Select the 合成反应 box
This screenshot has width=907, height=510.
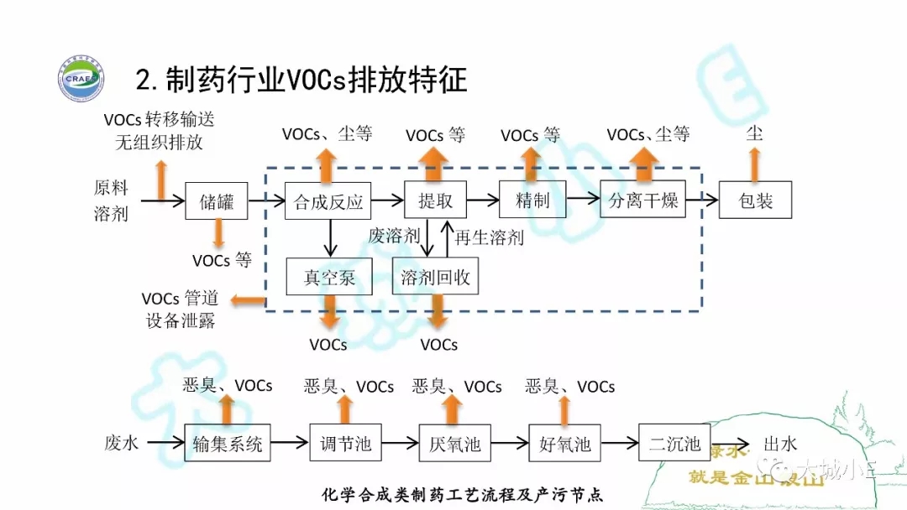(x=328, y=201)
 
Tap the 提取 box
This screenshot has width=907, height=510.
(x=435, y=200)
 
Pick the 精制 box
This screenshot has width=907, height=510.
(x=531, y=200)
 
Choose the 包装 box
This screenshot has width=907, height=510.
(x=755, y=200)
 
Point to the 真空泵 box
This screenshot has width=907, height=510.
(x=329, y=276)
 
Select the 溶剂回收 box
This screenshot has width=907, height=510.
(x=435, y=276)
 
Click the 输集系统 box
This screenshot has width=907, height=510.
(x=227, y=443)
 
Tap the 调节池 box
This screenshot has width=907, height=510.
(x=345, y=443)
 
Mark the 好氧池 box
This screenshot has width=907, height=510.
(x=565, y=443)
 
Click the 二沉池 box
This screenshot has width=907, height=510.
(x=674, y=443)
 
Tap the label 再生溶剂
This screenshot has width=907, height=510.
(x=489, y=237)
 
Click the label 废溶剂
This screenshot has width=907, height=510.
(x=393, y=236)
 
